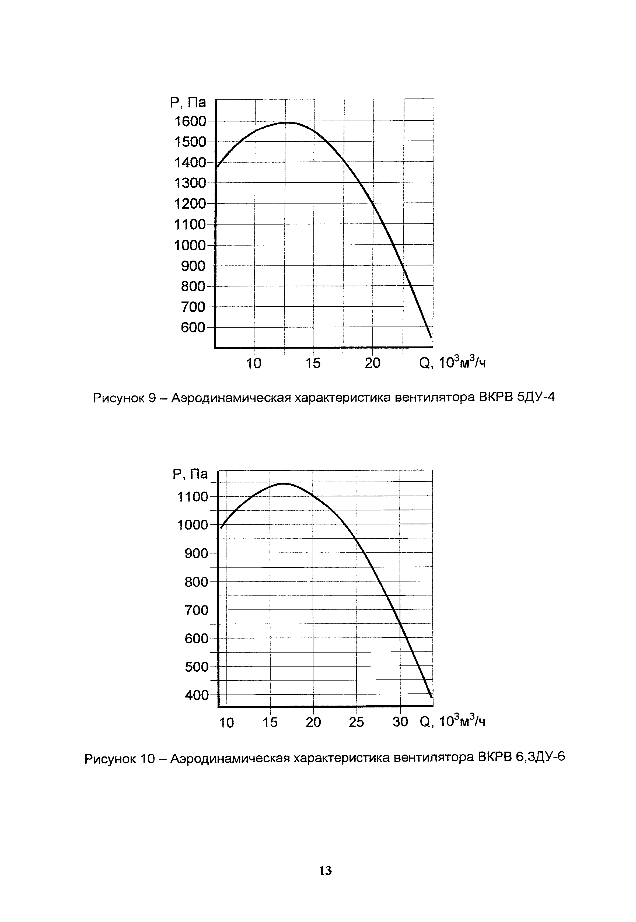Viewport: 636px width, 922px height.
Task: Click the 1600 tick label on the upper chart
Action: click(190, 121)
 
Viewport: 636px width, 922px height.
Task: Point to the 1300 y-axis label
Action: click(190, 183)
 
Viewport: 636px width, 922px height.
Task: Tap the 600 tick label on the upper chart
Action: click(193, 328)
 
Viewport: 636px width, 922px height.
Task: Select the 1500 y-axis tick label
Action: click(190, 142)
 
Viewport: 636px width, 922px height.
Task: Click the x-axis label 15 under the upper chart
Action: click(313, 363)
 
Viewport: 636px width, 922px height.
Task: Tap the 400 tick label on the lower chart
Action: click(197, 695)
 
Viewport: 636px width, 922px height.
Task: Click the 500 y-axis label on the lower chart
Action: click(197, 667)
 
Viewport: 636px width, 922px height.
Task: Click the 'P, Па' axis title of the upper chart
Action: click(188, 102)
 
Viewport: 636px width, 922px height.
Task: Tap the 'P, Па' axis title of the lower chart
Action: click(190, 474)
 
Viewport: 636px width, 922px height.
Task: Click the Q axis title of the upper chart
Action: click(452, 363)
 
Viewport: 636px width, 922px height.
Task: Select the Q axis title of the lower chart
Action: click(452, 721)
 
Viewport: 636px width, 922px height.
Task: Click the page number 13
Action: click(325, 871)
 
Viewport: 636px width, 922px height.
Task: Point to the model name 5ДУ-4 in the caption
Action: click(536, 397)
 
